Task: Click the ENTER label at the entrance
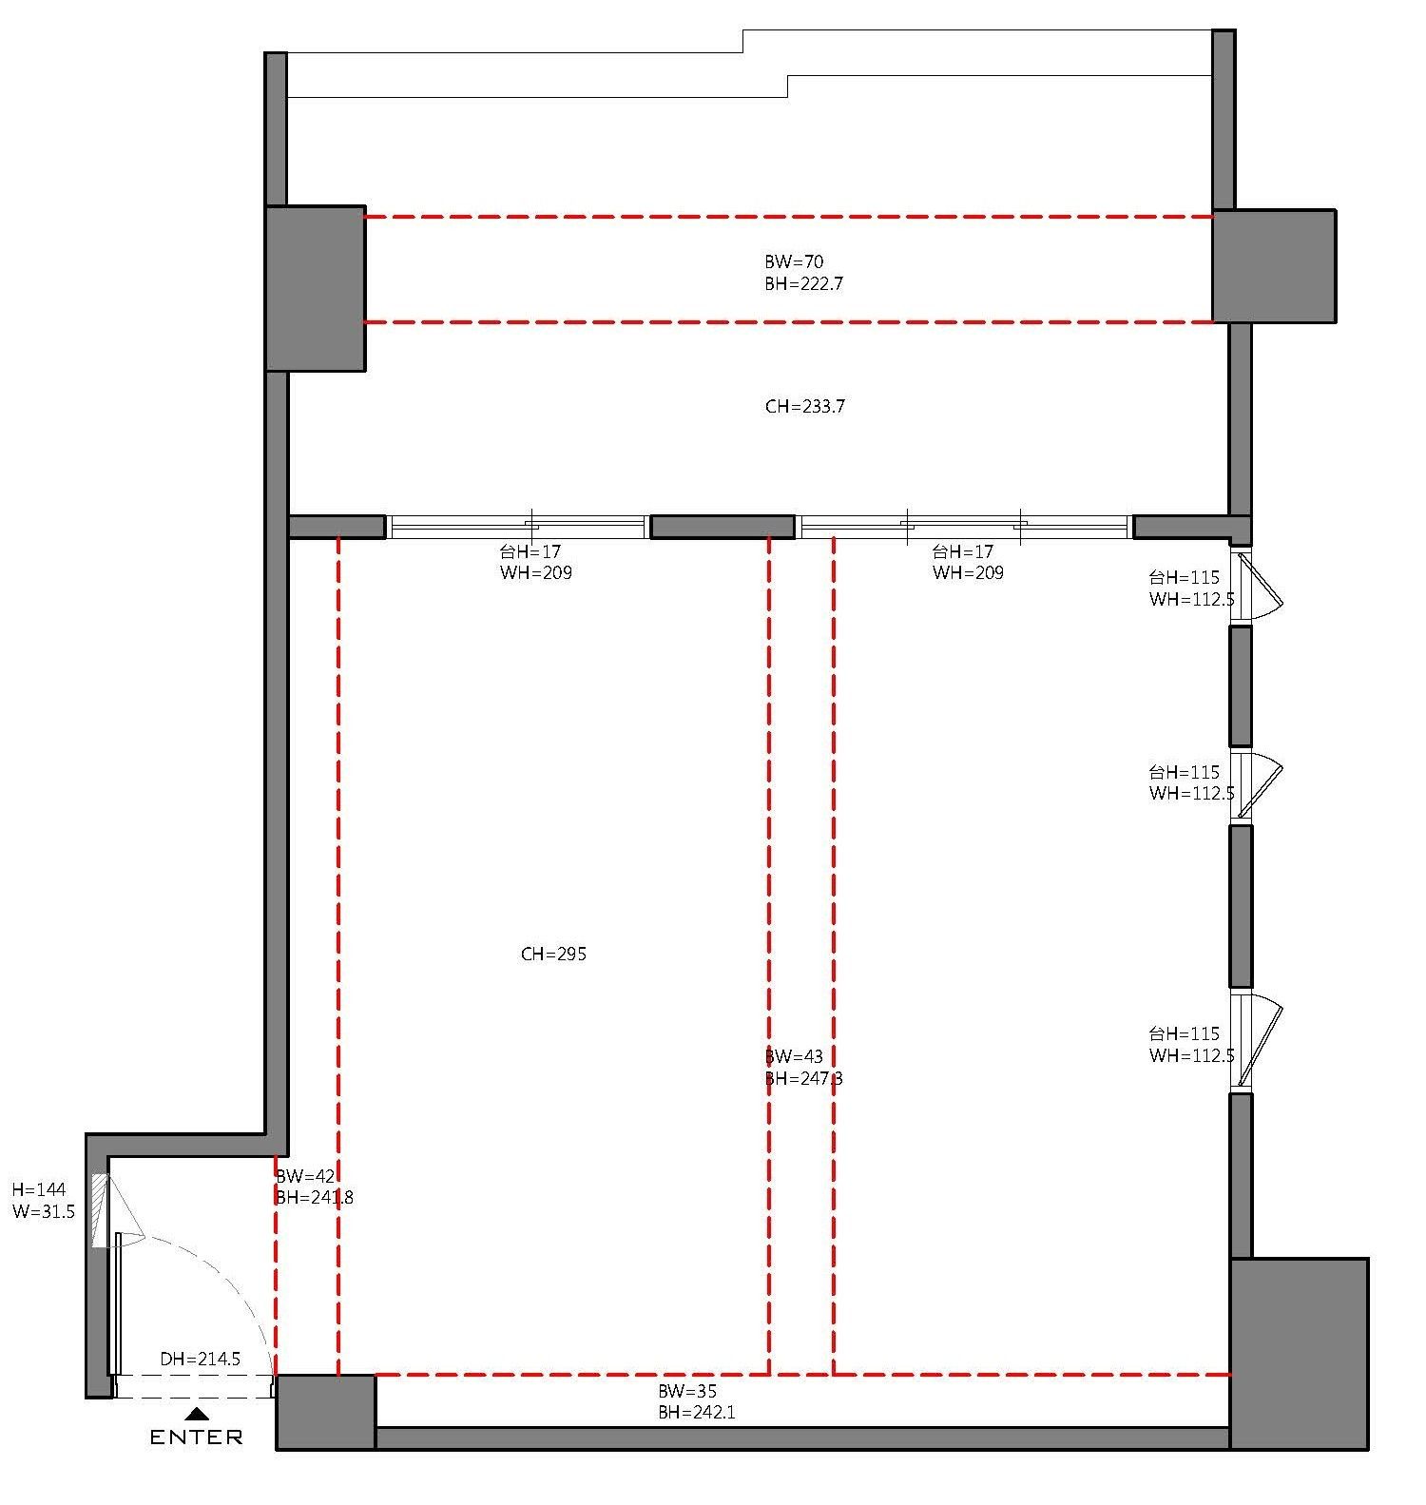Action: (196, 1437)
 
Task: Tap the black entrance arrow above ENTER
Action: (197, 1414)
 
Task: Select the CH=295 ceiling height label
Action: (553, 954)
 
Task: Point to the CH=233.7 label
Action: (804, 407)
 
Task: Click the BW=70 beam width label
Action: (794, 261)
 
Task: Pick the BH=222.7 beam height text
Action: (803, 283)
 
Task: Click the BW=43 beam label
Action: (794, 1056)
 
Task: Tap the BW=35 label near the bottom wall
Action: (687, 1391)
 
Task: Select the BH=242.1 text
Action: (697, 1413)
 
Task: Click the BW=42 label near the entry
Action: (305, 1176)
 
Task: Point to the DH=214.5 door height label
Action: (200, 1360)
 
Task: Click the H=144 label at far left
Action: (38, 1189)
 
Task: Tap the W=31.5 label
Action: (43, 1212)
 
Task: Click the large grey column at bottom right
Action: (1299, 1354)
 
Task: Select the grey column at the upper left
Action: (316, 288)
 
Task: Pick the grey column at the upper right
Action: (1274, 266)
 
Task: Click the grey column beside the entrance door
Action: (326, 1412)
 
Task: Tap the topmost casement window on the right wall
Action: (1255, 586)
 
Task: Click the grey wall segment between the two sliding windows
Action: (723, 527)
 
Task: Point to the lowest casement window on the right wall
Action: (1255, 1040)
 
